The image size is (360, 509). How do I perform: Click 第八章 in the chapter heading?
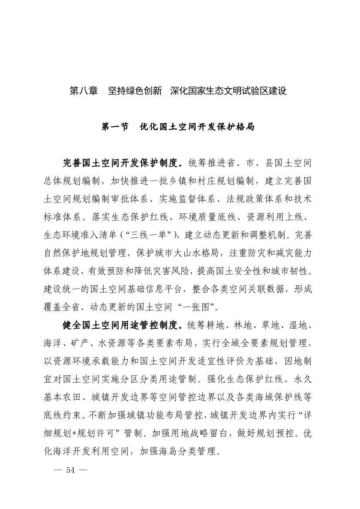point(84,91)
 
